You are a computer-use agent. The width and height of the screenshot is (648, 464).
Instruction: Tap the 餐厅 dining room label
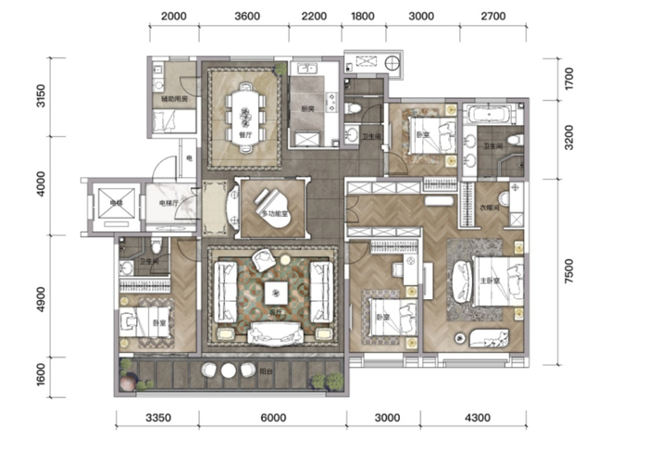tap(245, 134)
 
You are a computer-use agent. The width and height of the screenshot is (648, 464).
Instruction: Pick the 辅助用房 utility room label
tap(174, 98)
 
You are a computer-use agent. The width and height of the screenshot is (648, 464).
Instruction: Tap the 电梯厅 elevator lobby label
tap(168, 202)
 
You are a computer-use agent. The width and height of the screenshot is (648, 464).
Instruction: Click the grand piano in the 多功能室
tap(272, 199)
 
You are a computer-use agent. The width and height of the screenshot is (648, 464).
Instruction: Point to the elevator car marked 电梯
tap(110, 208)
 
